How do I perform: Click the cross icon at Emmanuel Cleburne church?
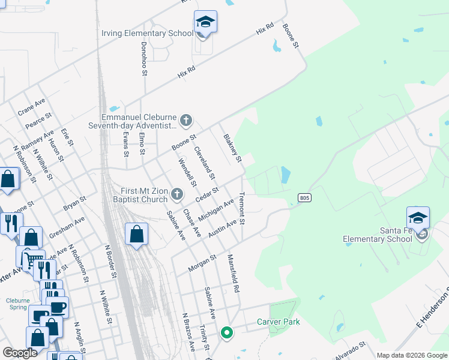click(x=186, y=121)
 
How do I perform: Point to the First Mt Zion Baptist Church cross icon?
click(x=176, y=194)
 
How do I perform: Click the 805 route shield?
click(x=304, y=197)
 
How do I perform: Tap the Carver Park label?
click(x=278, y=322)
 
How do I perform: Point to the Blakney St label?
click(x=232, y=148)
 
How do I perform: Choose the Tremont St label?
click(x=242, y=208)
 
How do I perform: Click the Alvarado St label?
click(x=349, y=350)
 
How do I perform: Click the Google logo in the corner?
click(x=20, y=353)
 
